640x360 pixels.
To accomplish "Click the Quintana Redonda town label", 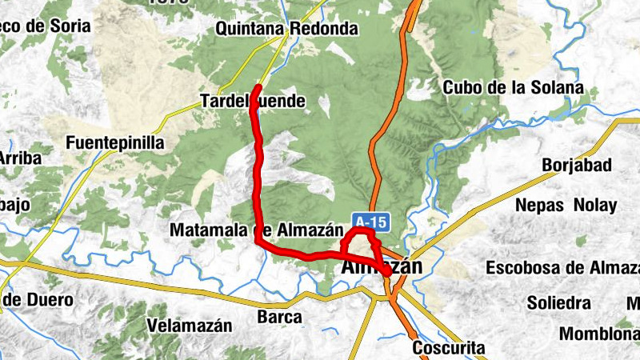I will [x=286, y=29].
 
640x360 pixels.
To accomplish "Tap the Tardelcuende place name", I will [x=253, y=101].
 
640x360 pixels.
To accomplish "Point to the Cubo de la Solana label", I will [x=513, y=87].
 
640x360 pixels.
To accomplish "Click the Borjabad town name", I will [x=577, y=166].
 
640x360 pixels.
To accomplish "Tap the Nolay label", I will [x=597, y=205].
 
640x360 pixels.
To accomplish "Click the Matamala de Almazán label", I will [x=250, y=230].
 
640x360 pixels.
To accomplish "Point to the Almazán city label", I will [x=381, y=267].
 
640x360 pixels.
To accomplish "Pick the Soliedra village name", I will [x=558, y=303].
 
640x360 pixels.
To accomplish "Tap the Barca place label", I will [x=279, y=317].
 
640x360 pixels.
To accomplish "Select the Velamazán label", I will [x=190, y=326].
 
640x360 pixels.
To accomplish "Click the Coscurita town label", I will [x=449, y=348].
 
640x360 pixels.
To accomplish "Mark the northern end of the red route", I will [x=258, y=86].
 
